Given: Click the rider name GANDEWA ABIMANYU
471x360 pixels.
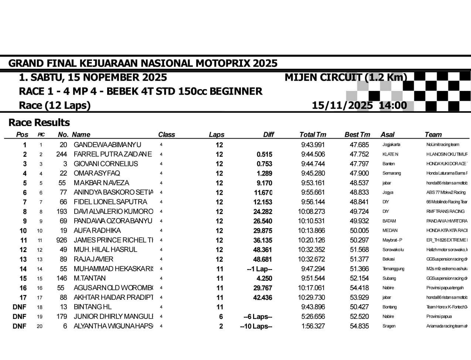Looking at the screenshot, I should coord(107,145).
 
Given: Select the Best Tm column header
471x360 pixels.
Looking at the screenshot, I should coord(357,135).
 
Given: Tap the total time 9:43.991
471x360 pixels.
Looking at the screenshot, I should coord(313,145).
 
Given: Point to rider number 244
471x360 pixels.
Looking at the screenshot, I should coord(61,154).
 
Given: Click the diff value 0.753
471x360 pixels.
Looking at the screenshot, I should coord(264,164).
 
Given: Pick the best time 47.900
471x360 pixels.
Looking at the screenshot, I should coord(359,173).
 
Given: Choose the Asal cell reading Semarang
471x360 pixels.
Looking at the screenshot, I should coord(392,173).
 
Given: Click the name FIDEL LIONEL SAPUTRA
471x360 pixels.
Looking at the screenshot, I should coord(110,202).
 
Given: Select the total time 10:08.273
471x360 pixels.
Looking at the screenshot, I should coord(311,211).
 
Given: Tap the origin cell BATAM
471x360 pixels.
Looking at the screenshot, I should coord(389,221).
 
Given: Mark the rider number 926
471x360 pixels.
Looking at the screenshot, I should coord(61,240).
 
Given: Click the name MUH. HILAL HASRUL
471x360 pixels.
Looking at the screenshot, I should coord(105,249).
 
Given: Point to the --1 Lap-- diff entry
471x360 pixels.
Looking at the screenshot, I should coord(259,269).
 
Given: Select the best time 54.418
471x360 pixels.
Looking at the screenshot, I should coord(359,288).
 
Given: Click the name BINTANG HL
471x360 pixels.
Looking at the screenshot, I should coord(92,307).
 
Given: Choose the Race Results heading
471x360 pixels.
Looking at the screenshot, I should coord(39,122).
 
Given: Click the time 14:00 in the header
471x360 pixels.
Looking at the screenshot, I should coord(393,105).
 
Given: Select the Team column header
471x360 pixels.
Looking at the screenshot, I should coord(433,135).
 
